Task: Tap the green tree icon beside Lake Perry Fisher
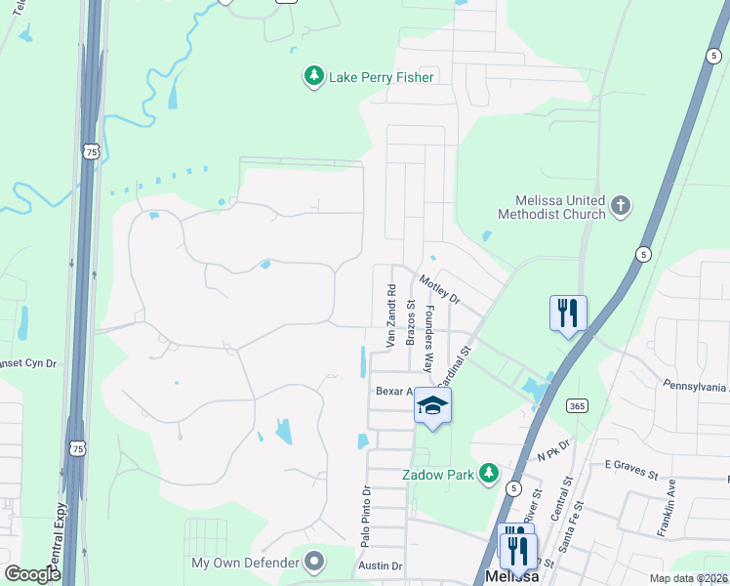[313, 76]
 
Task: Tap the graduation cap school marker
[432, 406]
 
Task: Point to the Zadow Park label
[438, 475]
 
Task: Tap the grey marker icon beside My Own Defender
[314, 562]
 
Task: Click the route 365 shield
[577, 405]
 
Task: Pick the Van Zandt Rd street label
[390, 316]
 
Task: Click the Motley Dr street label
[438, 289]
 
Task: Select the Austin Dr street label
[380, 566]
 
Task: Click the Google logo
[32, 574]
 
